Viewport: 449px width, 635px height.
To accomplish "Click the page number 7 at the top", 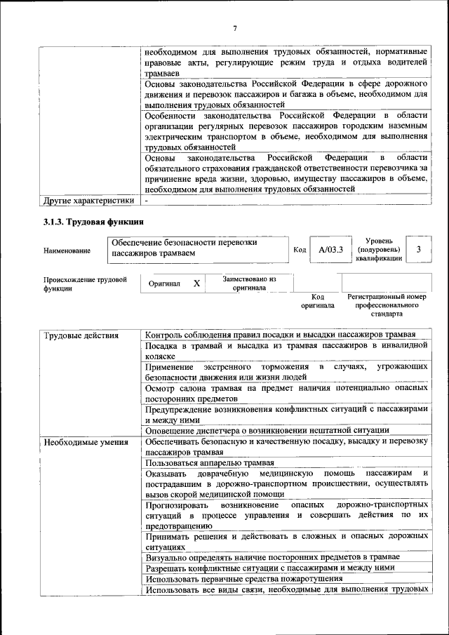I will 235,28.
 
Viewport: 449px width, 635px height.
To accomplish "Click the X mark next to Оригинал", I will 197,283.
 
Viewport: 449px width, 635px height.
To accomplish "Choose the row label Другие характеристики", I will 88,201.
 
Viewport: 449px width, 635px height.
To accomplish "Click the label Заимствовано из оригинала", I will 249,283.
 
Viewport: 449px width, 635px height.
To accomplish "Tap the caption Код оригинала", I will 317,301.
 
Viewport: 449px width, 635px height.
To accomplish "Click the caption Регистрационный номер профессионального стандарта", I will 387,306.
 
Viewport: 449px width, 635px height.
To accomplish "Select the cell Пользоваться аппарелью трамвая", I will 209,464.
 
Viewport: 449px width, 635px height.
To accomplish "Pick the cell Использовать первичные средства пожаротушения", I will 243,579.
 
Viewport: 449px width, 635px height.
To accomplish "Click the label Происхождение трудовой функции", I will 85,283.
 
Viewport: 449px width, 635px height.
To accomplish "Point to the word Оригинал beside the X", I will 165,283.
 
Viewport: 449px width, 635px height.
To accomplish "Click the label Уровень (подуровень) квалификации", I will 379,249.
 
